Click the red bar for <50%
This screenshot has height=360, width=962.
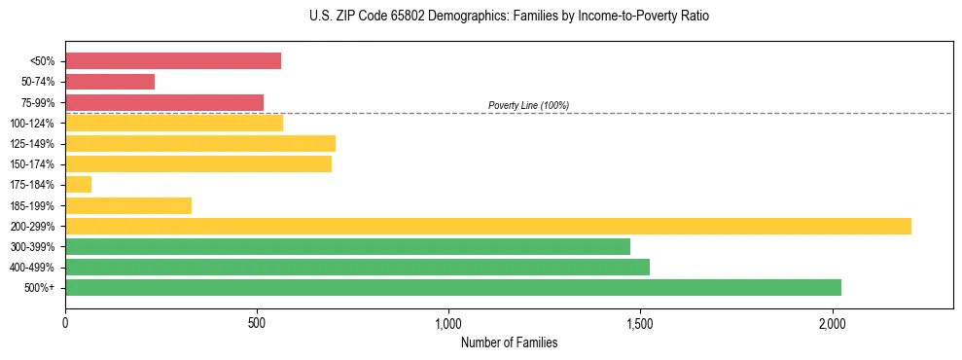click(x=173, y=61)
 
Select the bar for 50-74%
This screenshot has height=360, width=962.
click(x=110, y=82)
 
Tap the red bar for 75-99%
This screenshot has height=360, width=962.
click(x=164, y=102)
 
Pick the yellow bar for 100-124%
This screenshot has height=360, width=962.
click(x=174, y=123)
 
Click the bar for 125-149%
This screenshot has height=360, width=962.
click(x=200, y=144)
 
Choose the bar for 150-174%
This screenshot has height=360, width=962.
click(x=198, y=164)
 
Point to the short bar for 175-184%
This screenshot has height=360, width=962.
click(x=79, y=185)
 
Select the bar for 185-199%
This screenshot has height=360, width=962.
click(x=128, y=205)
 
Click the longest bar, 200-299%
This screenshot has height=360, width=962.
click(x=488, y=226)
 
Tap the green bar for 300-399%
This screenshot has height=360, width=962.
click(x=347, y=246)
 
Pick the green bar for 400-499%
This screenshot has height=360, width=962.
click(x=357, y=267)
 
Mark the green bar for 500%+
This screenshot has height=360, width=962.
click(x=453, y=287)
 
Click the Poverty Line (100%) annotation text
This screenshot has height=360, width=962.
click(x=528, y=105)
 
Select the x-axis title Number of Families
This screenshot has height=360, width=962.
click(x=509, y=342)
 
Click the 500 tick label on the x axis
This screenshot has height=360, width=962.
click(x=257, y=323)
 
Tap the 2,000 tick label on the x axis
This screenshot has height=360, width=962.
click(x=833, y=323)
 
